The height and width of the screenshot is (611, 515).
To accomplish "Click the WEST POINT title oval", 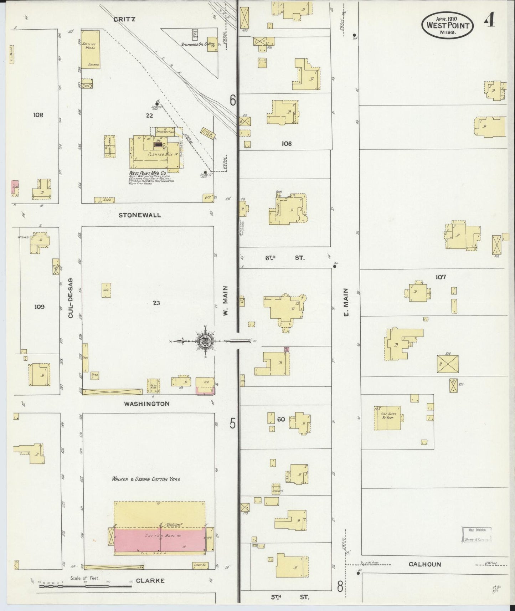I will pos(448,25).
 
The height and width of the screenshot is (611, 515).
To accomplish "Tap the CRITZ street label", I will pos(124,19).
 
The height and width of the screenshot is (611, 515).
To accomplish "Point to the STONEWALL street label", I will pos(140,215).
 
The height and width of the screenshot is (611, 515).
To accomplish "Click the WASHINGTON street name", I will pos(146,404).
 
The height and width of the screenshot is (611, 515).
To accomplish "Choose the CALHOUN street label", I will pos(425,564).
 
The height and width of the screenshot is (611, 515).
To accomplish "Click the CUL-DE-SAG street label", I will pos(70,298).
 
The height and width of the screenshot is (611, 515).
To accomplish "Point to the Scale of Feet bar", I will pos(86,585).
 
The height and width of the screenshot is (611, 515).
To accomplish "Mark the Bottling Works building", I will pos(91,49).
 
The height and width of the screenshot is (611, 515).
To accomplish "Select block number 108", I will pos(38,115).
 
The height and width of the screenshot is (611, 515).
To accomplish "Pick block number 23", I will pos(156,303).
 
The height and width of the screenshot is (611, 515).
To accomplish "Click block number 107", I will pos(441,277).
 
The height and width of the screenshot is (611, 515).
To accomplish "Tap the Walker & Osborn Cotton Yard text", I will pos(146,479).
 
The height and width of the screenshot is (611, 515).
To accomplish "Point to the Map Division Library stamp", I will pos(477,535).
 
